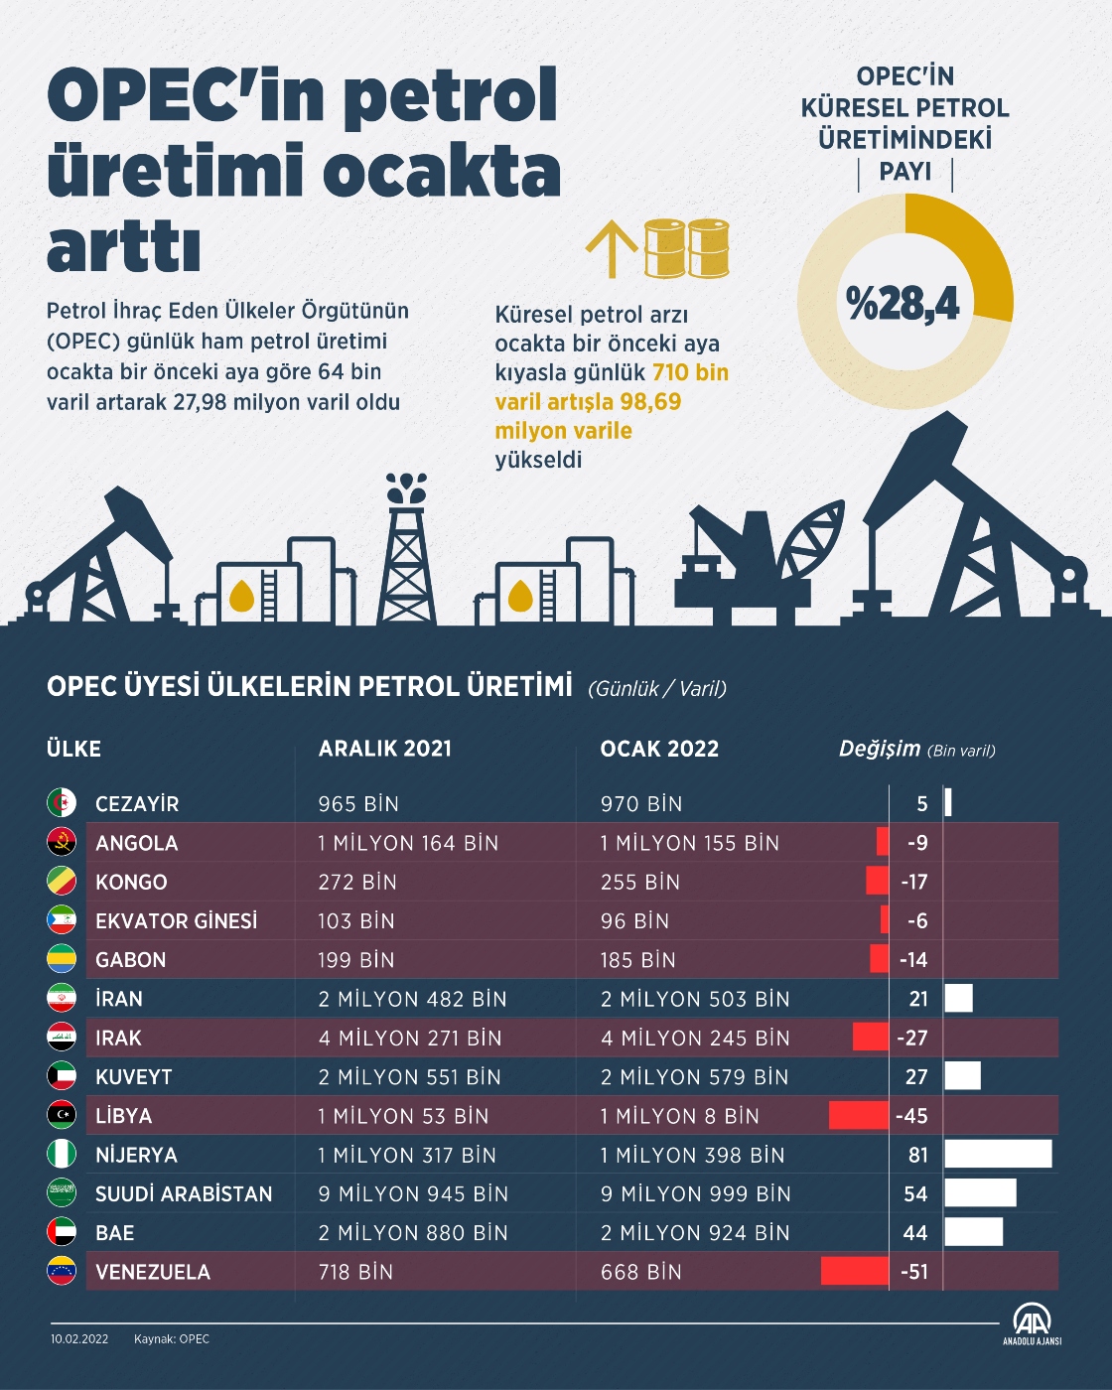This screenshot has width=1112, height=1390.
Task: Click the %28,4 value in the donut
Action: (x=903, y=303)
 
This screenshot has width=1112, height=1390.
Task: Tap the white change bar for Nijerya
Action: (x=998, y=1154)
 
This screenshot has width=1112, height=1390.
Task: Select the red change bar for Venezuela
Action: (x=855, y=1271)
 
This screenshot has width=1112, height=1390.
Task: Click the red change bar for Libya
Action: (x=859, y=1115)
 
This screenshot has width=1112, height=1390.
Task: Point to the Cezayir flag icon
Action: (x=62, y=803)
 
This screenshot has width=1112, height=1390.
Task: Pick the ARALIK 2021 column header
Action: (x=385, y=749)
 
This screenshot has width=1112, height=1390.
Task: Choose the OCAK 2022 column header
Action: (x=659, y=749)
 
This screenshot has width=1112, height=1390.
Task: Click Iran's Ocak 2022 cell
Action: (x=695, y=999)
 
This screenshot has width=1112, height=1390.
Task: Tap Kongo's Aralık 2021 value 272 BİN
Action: (x=357, y=882)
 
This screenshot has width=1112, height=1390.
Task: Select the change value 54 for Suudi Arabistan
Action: (x=915, y=1193)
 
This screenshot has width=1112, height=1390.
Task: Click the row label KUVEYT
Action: (x=134, y=1077)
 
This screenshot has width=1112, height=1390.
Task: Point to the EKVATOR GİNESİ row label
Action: (x=176, y=921)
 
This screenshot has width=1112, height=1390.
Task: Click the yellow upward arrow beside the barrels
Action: (x=611, y=248)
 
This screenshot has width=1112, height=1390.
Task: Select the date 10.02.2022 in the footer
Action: (x=79, y=1339)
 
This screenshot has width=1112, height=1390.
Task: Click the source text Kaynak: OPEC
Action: (x=172, y=1339)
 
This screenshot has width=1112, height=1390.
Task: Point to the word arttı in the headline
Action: (x=123, y=248)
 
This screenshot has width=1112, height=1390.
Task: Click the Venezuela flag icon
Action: (x=62, y=1271)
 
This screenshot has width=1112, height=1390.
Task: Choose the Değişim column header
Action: (x=880, y=749)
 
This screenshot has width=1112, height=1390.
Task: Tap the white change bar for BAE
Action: (x=973, y=1232)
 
